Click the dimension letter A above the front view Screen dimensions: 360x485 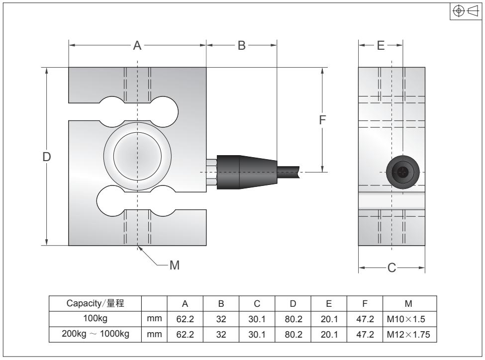[137, 46]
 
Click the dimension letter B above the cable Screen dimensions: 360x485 [241, 46]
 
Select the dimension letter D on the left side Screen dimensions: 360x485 [46, 157]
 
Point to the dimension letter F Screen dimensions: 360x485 [323, 120]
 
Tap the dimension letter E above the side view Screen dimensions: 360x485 [381, 46]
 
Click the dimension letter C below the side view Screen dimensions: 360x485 [391, 269]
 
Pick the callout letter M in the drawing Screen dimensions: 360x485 [174, 266]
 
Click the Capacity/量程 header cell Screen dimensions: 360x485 [95, 304]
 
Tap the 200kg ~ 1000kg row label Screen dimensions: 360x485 [95, 334]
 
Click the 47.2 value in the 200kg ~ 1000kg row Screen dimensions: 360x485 [365, 334]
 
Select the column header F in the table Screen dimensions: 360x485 [365, 304]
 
